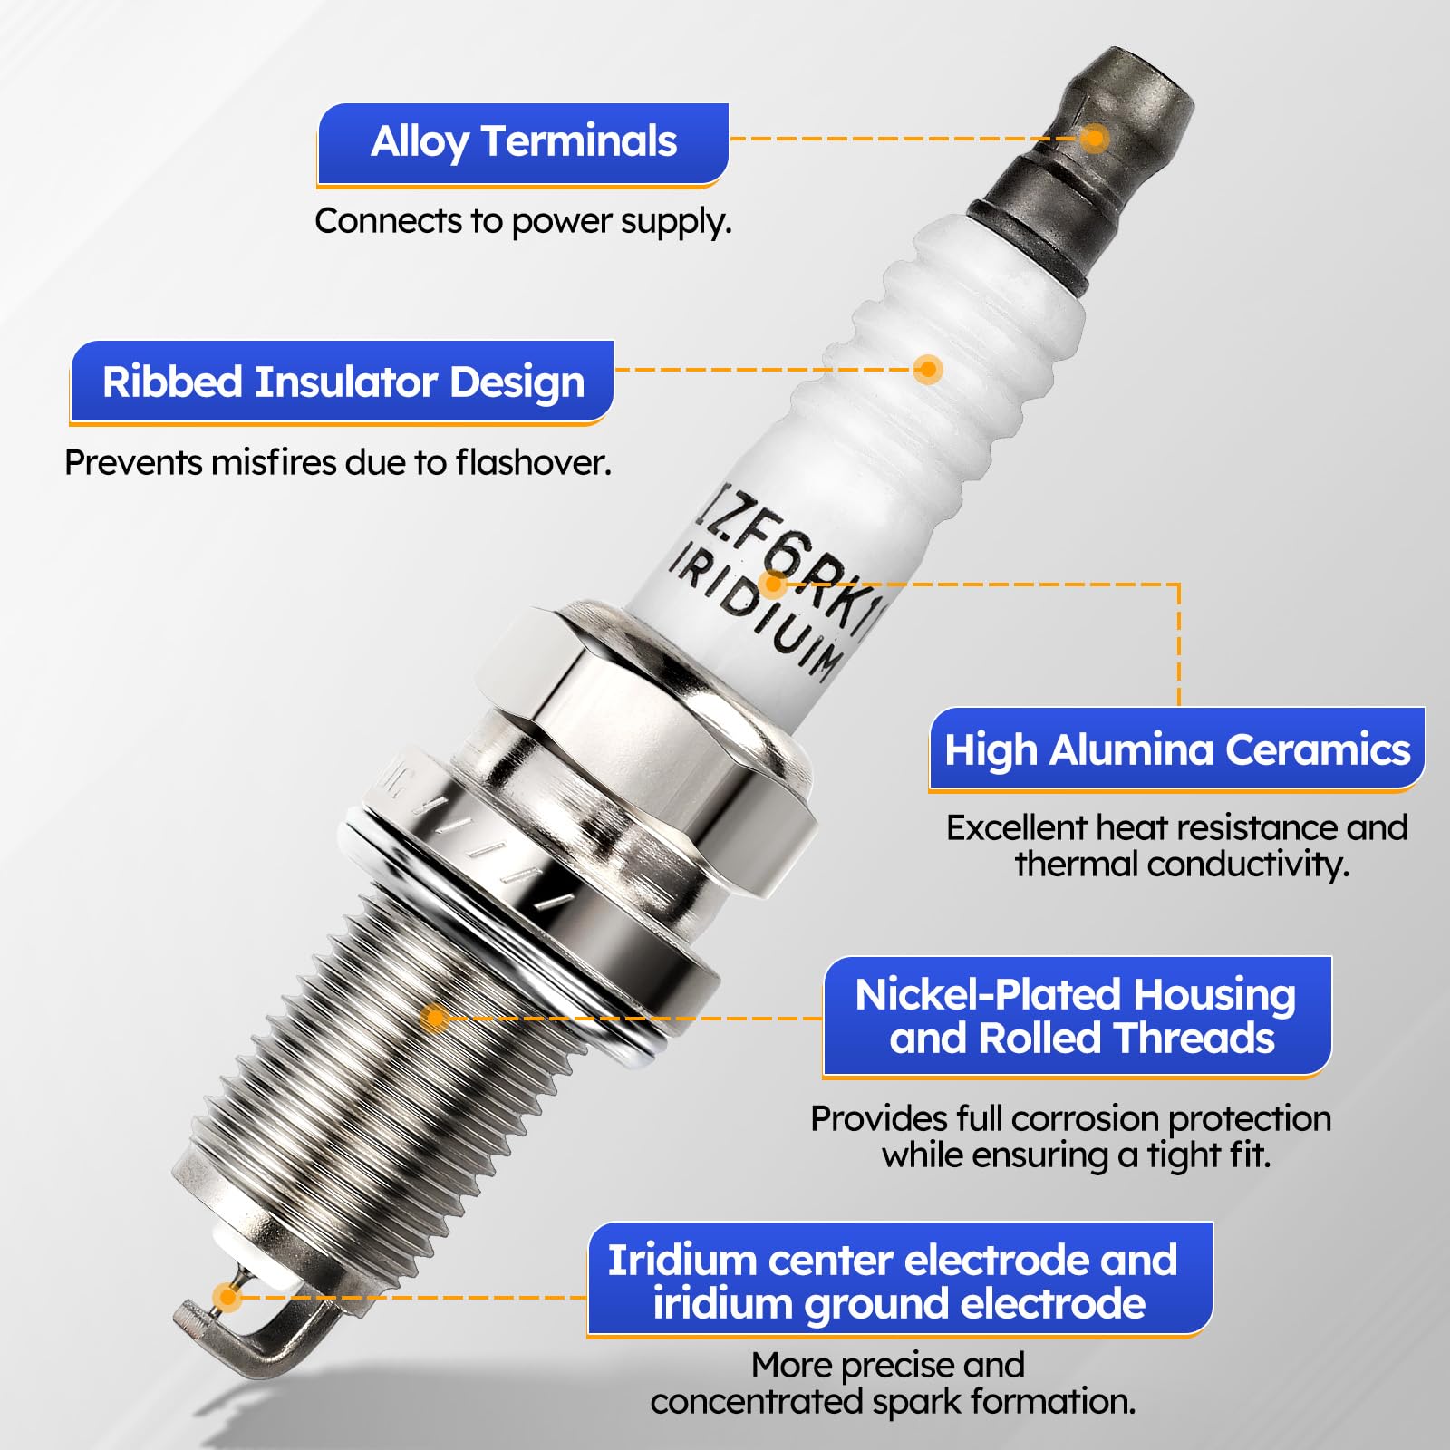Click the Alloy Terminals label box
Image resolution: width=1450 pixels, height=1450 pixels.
tap(523, 143)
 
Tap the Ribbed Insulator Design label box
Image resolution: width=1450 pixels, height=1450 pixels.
tap(343, 382)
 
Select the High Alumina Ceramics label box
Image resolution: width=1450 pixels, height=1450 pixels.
tap(1176, 750)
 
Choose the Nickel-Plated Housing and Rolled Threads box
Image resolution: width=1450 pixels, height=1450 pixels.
tap(1077, 1017)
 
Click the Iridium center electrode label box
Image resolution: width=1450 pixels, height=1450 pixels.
tap(899, 1281)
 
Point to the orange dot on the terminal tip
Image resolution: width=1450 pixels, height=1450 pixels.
tap(1095, 139)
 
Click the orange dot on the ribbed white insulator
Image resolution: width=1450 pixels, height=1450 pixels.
tap(927, 369)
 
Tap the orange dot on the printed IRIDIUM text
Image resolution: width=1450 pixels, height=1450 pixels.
tap(772, 585)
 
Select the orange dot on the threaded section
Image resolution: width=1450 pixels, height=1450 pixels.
tap(435, 1018)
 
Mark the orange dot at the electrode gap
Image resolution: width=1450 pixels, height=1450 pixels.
tap(227, 1297)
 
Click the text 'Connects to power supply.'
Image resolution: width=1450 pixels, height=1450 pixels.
tap(523, 221)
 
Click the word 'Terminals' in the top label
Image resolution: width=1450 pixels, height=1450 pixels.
tap(579, 141)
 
